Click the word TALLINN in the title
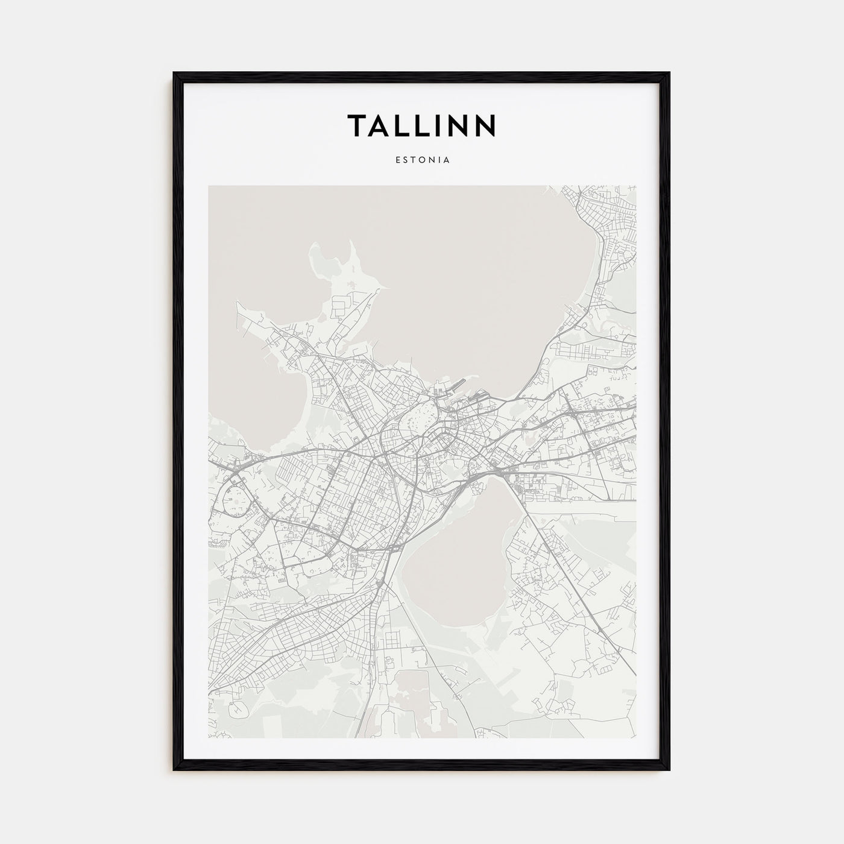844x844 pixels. [x=421, y=125]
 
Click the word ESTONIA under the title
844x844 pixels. [x=421, y=161]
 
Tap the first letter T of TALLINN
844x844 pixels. [x=356, y=125]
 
